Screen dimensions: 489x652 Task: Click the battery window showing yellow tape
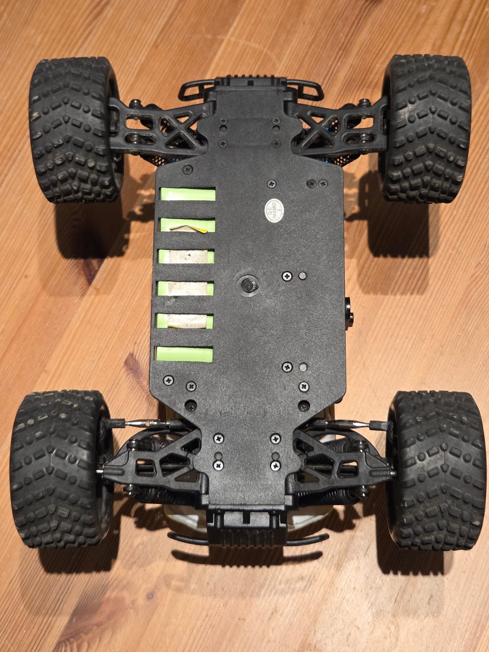tap(187, 225)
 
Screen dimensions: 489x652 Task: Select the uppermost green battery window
tap(187, 194)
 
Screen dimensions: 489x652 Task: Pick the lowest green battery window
tap(185, 355)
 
